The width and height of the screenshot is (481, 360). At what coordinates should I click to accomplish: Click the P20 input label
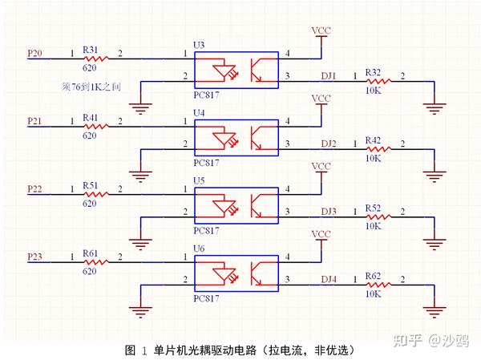click(x=35, y=52)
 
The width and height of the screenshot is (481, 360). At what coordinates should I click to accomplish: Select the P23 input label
click(x=35, y=256)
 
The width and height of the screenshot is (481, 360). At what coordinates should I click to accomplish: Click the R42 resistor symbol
click(x=376, y=148)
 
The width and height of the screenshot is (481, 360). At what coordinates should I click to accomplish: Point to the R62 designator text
click(x=373, y=275)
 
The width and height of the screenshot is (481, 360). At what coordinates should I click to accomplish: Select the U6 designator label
click(x=199, y=247)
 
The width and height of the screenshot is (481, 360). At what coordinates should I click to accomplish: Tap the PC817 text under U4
click(x=207, y=162)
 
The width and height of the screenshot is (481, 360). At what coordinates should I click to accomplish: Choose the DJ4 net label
click(x=329, y=278)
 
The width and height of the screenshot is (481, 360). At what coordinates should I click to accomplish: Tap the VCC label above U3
click(x=321, y=30)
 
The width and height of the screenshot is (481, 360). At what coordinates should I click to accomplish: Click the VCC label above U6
click(x=321, y=234)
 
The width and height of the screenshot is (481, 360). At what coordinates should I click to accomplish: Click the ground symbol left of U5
click(x=141, y=241)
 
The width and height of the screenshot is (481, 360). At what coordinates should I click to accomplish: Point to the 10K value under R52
click(x=373, y=226)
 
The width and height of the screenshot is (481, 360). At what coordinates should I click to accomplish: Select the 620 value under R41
click(x=90, y=136)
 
